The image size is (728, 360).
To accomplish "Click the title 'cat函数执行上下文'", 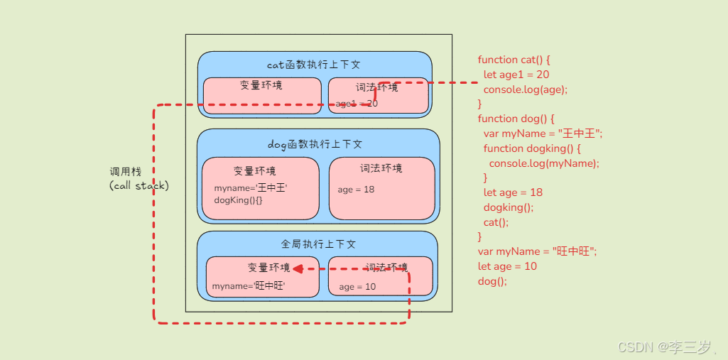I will point(314,65).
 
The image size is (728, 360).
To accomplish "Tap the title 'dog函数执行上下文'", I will point(315,144).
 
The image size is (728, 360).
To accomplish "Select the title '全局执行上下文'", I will point(318,244).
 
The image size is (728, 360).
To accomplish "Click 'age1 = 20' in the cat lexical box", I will point(357,104).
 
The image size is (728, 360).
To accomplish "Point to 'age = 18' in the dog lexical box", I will point(356,190).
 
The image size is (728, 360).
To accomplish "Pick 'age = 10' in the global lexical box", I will point(357,287).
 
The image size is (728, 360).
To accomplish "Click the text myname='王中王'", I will point(251,188).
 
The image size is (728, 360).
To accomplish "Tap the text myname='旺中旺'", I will point(248,286).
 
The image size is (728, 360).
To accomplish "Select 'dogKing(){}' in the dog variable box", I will point(238,201).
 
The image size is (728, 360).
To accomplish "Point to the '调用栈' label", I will point(126,172).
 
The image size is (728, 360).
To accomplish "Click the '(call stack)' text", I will point(139,185).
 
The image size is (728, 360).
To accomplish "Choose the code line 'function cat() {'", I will point(514,60).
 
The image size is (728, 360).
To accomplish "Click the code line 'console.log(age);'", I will point(526,89).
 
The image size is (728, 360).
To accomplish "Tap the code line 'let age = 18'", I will point(513,192).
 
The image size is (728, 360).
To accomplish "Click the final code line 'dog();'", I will point(492,281).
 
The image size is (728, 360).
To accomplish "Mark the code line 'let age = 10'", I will point(507,266).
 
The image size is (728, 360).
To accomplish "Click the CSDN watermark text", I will point(664,347).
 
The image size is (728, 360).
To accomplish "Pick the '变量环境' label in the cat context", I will point(261,85).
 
